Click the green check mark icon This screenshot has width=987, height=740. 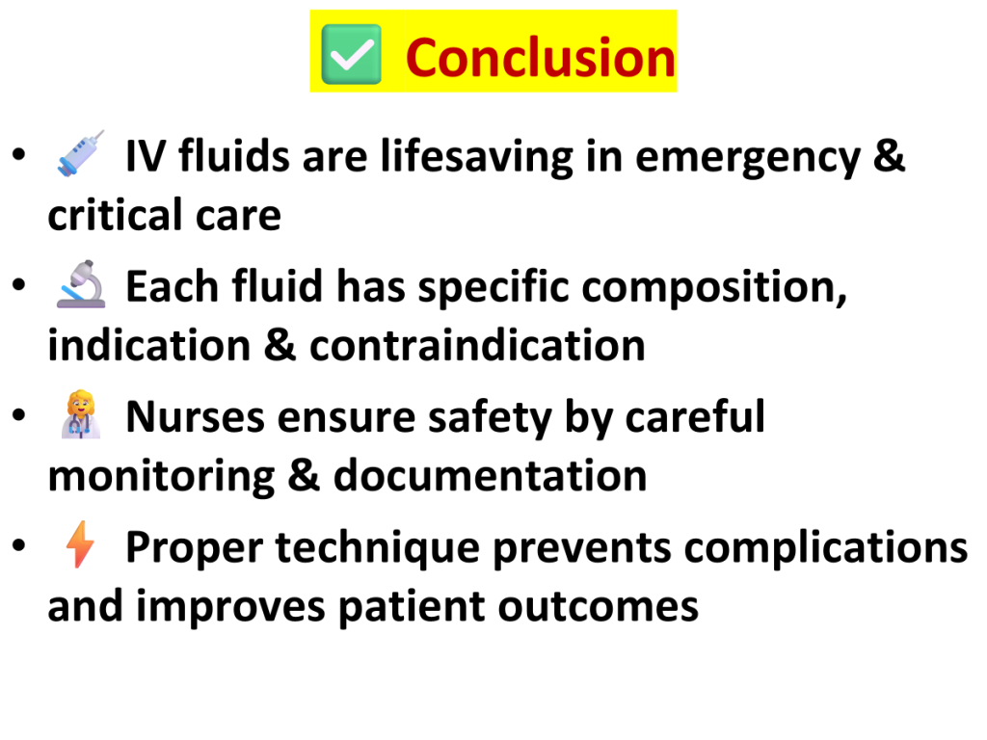pyautogui.click(x=351, y=54)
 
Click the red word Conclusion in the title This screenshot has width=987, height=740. pyautogui.click(x=541, y=57)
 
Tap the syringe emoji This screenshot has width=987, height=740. pyautogui.click(x=81, y=153)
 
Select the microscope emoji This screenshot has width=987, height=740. pyautogui.click(x=81, y=284)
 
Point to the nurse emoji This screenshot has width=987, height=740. pyautogui.click(x=81, y=414)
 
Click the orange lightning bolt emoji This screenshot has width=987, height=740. pyautogui.click(x=81, y=545)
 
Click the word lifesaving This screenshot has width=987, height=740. pyautogui.click(x=477, y=156)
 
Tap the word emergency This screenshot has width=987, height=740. pyautogui.click(x=748, y=157)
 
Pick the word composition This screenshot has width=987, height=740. pyautogui.click(x=714, y=287)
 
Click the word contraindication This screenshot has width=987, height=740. pyautogui.click(x=477, y=346)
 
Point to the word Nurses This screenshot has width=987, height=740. pyautogui.click(x=195, y=416)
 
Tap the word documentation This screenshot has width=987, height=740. pyautogui.click(x=490, y=475)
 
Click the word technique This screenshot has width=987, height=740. pyautogui.click(x=378, y=547)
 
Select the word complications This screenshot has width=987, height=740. pyautogui.click(x=826, y=548)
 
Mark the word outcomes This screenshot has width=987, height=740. pyautogui.click(x=598, y=607)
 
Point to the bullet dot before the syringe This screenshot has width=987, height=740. pyautogui.click(x=19, y=153)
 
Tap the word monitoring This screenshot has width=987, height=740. pyautogui.click(x=162, y=477)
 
